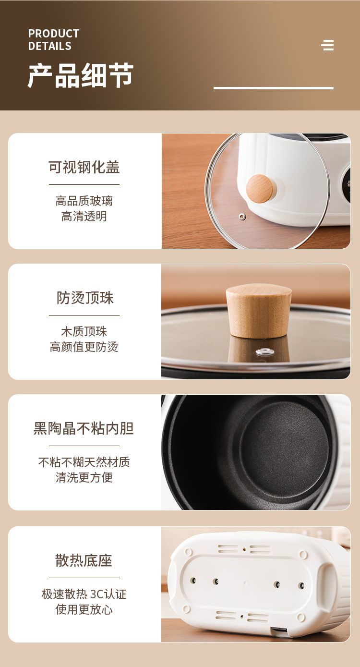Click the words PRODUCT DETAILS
coord(53,40)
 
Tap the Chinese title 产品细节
coord(80,75)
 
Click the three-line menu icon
coord(328,45)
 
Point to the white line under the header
coord(273,88)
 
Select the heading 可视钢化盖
coord(84,167)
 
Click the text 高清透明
coord(84,217)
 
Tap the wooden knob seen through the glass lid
coord(259,188)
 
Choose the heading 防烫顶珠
coord(85,298)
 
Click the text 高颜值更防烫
coord(84,347)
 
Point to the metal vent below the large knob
coord(262,352)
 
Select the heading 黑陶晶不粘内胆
coord(84,428)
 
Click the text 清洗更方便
coord(84,478)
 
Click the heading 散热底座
coord(84,560)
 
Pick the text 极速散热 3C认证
coord(84,594)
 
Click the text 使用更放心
coord(84,610)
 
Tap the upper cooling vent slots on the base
coord(244,549)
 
